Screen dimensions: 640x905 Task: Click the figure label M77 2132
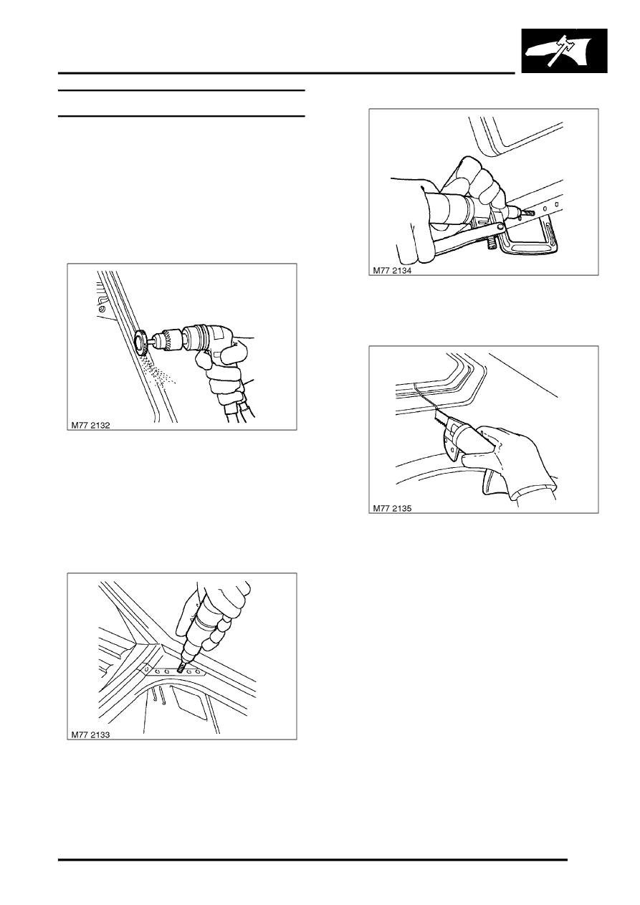(x=90, y=425)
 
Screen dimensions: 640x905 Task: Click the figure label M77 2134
(x=392, y=271)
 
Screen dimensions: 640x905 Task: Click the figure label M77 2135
(x=392, y=508)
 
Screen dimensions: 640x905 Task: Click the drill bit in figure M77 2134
(x=525, y=211)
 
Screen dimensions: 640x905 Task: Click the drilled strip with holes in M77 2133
(x=173, y=671)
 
